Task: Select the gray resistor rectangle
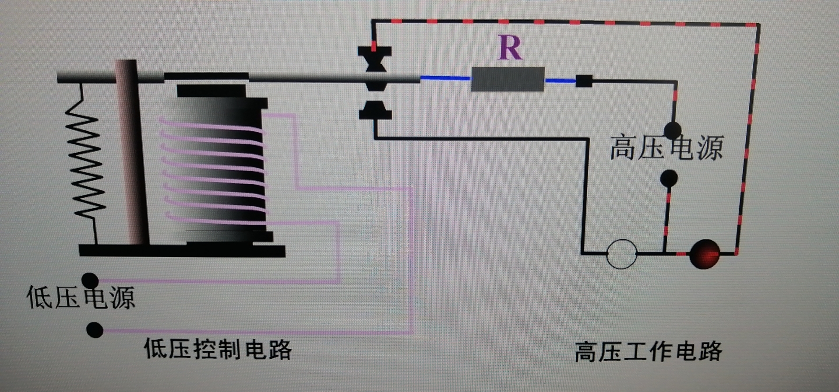tap(508, 79)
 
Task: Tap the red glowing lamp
tap(704, 254)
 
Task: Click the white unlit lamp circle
tap(621, 254)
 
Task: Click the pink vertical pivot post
tap(132, 153)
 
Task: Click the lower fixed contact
tap(375, 110)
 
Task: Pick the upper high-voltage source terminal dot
tap(673, 130)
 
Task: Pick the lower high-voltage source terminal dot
tap(669, 178)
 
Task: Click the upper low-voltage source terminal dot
tap(90, 280)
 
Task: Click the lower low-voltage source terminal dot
tap(95, 330)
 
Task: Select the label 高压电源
tap(666, 148)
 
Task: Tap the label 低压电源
tap(81, 297)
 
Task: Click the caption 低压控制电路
tap(218, 349)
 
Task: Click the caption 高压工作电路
tap(648, 352)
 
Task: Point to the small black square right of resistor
tap(584, 81)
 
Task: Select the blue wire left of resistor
tap(444, 78)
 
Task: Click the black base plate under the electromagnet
tap(182, 251)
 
